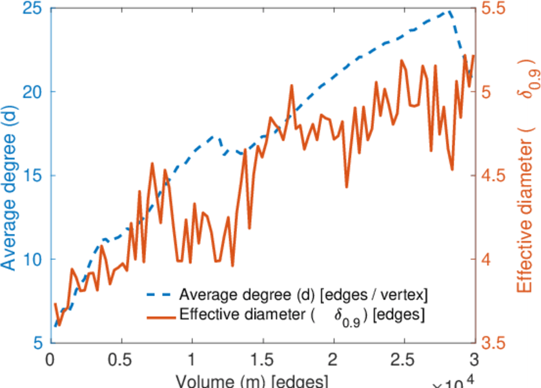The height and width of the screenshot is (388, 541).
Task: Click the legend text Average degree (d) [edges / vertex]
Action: point(303,296)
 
